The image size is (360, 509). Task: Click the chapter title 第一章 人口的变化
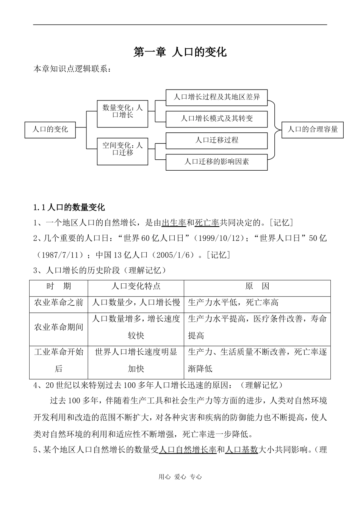180,52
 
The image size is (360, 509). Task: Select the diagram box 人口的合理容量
313,129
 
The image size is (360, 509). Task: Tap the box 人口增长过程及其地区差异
217,97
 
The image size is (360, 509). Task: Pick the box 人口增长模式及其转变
217,119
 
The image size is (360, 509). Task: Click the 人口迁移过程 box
217,140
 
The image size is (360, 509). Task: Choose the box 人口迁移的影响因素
217,162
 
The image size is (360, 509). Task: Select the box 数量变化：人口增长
122,111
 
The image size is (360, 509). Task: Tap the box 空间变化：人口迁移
122,149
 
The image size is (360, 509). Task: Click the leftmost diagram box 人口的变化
50,129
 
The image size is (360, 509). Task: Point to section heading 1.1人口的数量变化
69,207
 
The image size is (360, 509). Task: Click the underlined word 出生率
174,223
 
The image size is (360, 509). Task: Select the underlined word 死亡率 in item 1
207,223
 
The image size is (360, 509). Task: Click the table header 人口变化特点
136,286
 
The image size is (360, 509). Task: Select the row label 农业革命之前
59,302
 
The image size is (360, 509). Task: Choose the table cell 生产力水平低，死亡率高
233,302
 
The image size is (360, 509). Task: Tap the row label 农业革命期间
59,327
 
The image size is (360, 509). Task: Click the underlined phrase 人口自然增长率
188,450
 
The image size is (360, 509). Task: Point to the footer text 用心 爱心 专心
180,477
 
